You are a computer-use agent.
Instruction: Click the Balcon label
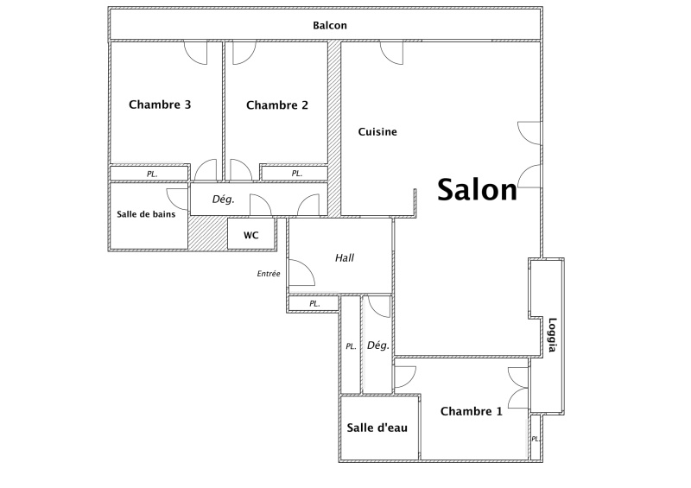point(330,26)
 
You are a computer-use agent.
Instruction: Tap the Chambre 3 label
point(160,105)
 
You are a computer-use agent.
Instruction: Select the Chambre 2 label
point(276,105)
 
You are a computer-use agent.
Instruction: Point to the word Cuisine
point(377,132)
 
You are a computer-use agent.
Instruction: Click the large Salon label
point(477,189)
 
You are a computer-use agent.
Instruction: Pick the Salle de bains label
point(146,214)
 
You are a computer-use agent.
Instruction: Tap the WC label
point(250,236)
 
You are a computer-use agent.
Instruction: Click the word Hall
point(344,258)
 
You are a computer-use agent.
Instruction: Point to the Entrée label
point(269,274)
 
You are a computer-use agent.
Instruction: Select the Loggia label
point(552,335)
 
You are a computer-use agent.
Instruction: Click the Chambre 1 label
point(471,411)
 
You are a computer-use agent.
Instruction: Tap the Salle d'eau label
point(377,428)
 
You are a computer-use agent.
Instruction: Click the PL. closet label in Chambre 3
point(152,174)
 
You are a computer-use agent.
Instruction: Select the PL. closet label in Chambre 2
point(297,174)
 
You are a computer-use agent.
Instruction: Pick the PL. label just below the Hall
point(314,304)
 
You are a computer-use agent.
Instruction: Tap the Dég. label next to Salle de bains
point(223,200)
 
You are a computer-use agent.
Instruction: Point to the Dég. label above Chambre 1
point(378,345)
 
